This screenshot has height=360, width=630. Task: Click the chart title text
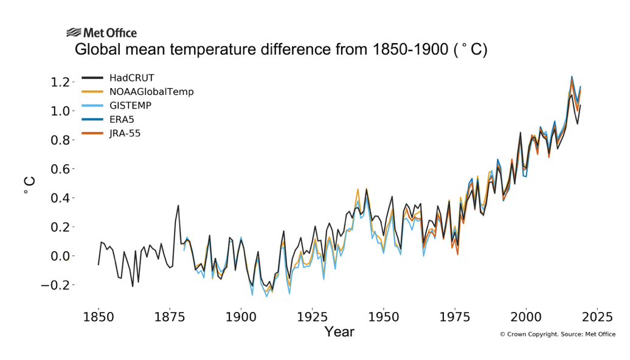281,50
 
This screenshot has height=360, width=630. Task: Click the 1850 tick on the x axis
99,317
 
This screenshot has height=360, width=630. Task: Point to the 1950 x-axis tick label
384,317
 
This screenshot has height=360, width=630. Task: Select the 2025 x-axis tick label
597,317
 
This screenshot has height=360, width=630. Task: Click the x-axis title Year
339,332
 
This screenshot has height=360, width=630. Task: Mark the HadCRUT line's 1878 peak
178,206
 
